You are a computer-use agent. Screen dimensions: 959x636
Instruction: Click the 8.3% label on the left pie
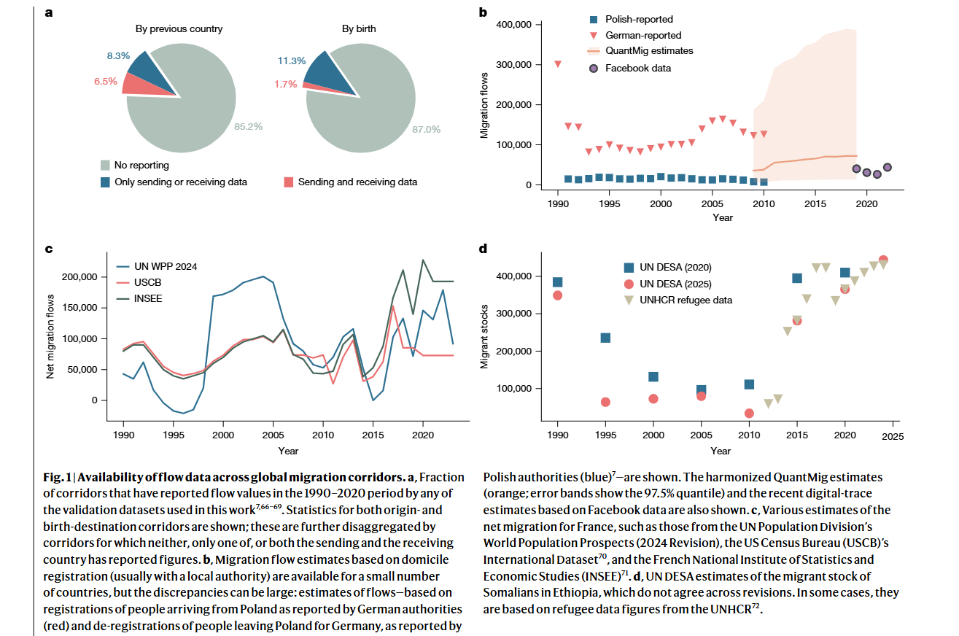click(118, 55)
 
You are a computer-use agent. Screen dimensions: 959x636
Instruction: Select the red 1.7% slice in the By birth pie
click(327, 89)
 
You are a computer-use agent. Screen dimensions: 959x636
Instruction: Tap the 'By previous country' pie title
click(179, 28)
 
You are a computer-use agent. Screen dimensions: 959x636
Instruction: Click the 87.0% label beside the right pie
click(426, 129)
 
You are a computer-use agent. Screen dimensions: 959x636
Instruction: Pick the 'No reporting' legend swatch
click(105, 166)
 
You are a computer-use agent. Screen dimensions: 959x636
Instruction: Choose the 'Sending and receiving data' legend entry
click(351, 182)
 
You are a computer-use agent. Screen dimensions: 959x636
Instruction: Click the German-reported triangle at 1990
click(558, 64)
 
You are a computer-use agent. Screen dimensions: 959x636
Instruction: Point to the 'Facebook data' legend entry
click(630, 68)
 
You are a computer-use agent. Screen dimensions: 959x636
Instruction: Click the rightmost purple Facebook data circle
click(888, 168)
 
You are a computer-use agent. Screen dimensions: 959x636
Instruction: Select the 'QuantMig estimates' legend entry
click(640, 51)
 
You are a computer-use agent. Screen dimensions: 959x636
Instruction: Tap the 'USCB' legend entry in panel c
click(139, 283)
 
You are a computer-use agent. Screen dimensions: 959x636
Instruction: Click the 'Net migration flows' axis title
click(50, 337)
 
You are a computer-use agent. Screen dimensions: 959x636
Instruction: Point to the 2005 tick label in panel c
click(273, 435)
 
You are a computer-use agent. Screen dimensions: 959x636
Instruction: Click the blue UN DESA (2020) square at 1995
click(605, 338)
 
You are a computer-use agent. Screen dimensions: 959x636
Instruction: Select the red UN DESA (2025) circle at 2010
click(749, 414)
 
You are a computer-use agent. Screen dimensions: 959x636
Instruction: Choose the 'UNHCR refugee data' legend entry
click(677, 300)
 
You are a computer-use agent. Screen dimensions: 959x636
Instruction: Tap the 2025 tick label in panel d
click(893, 436)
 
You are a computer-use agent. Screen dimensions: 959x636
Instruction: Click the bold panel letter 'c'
click(49, 249)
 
